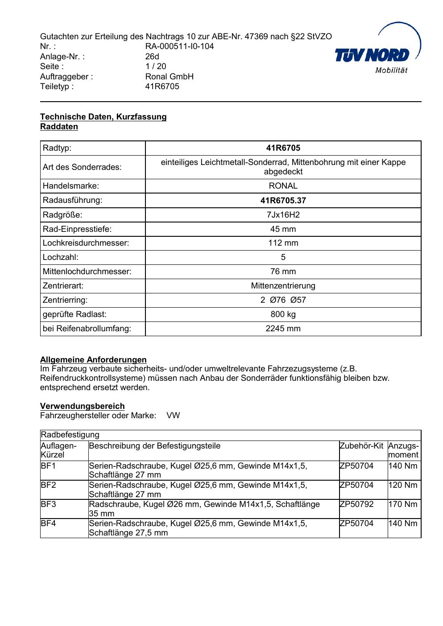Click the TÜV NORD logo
(x=377, y=55)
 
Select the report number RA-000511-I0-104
(x=179, y=46)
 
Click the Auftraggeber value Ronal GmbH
(x=169, y=77)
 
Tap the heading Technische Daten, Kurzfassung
(x=103, y=117)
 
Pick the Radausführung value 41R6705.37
(x=283, y=201)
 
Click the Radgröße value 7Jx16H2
(x=283, y=215)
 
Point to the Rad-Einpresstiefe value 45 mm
(x=283, y=229)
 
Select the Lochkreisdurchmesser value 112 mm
(x=283, y=243)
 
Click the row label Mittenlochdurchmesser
(x=87, y=272)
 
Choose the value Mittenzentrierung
(x=283, y=286)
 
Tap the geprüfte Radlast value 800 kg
(x=283, y=314)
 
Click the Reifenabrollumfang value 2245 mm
(x=283, y=329)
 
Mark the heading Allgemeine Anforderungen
(x=93, y=360)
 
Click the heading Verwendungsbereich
(x=83, y=406)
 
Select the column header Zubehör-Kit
(x=361, y=446)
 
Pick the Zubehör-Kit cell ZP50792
(x=356, y=504)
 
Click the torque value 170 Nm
(x=403, y=504)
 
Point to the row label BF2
(x=48, y=485)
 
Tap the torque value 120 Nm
(x=403, y=485)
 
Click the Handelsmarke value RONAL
(x=283, y=186)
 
